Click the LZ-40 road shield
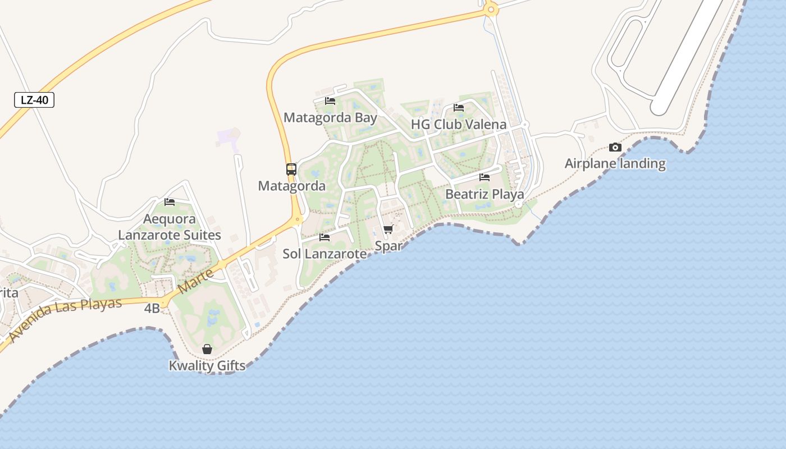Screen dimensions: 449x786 pos(34,100)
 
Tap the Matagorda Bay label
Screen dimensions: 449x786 pos(330,118)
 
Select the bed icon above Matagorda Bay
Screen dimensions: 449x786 pos(330,101)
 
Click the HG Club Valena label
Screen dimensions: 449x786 pos(459,125)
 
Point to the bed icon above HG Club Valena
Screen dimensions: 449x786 pos(459,108)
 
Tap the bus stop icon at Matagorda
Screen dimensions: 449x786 pos(291,169)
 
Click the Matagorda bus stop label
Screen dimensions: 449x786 pos(291,186)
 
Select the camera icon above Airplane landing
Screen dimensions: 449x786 pos(615,148)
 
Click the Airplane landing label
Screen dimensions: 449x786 pos(615,164)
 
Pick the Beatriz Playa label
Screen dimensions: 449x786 pos(485,194)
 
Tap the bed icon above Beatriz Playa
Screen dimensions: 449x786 pos(485,177)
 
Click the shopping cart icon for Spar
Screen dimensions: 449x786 pos(388,229)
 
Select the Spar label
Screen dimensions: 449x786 pos(388,246)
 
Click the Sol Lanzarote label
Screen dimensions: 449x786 pos(325,254)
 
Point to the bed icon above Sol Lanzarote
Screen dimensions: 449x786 pos(325,237)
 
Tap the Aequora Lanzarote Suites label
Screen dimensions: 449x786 pos(170,227)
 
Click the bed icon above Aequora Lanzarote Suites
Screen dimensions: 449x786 pos(170,202)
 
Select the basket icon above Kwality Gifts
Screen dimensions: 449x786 pos(207,349)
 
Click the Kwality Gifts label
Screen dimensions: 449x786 pos(207,366)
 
